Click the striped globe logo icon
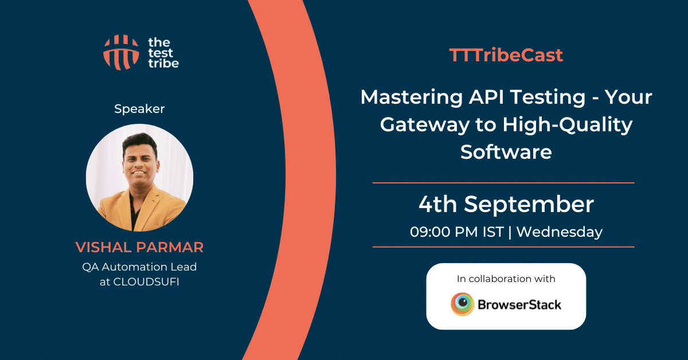pos(121,52)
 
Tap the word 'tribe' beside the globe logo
pos(163,63)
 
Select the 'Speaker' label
pos(139,109)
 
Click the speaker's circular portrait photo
pos(139,178)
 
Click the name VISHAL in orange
pos(104,247)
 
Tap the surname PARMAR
pos(170,247)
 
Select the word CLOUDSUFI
pos(146,281)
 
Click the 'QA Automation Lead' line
pos(139,267)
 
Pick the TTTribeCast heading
pos(506,55)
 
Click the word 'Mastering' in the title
pos(412,97)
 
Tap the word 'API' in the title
pos(486,97)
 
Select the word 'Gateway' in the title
pos(425,126)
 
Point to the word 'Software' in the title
pos(506,152)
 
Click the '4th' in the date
pos(438,204)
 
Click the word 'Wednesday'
pos(560,232)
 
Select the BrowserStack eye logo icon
pos(462,304)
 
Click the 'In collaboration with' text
pos(506,279)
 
